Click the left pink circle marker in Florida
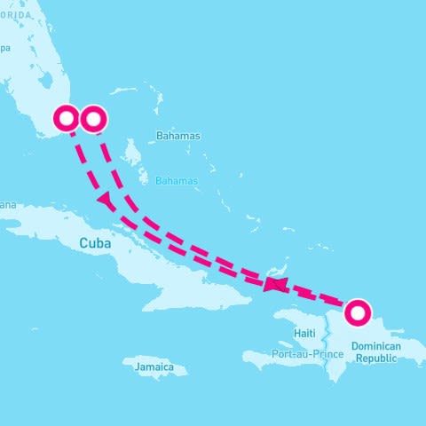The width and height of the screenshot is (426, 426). pos(67,118)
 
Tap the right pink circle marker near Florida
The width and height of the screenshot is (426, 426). pos(93,118)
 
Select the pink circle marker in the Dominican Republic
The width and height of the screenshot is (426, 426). pos(358,312)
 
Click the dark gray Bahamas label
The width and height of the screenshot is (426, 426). pos(177,137)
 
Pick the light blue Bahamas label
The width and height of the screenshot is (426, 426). pos(177,181)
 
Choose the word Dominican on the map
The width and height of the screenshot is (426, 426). pos(376,345)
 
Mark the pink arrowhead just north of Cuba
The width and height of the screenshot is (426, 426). pos(106,201)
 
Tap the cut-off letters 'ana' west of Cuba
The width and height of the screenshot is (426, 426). pos(7,205)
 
